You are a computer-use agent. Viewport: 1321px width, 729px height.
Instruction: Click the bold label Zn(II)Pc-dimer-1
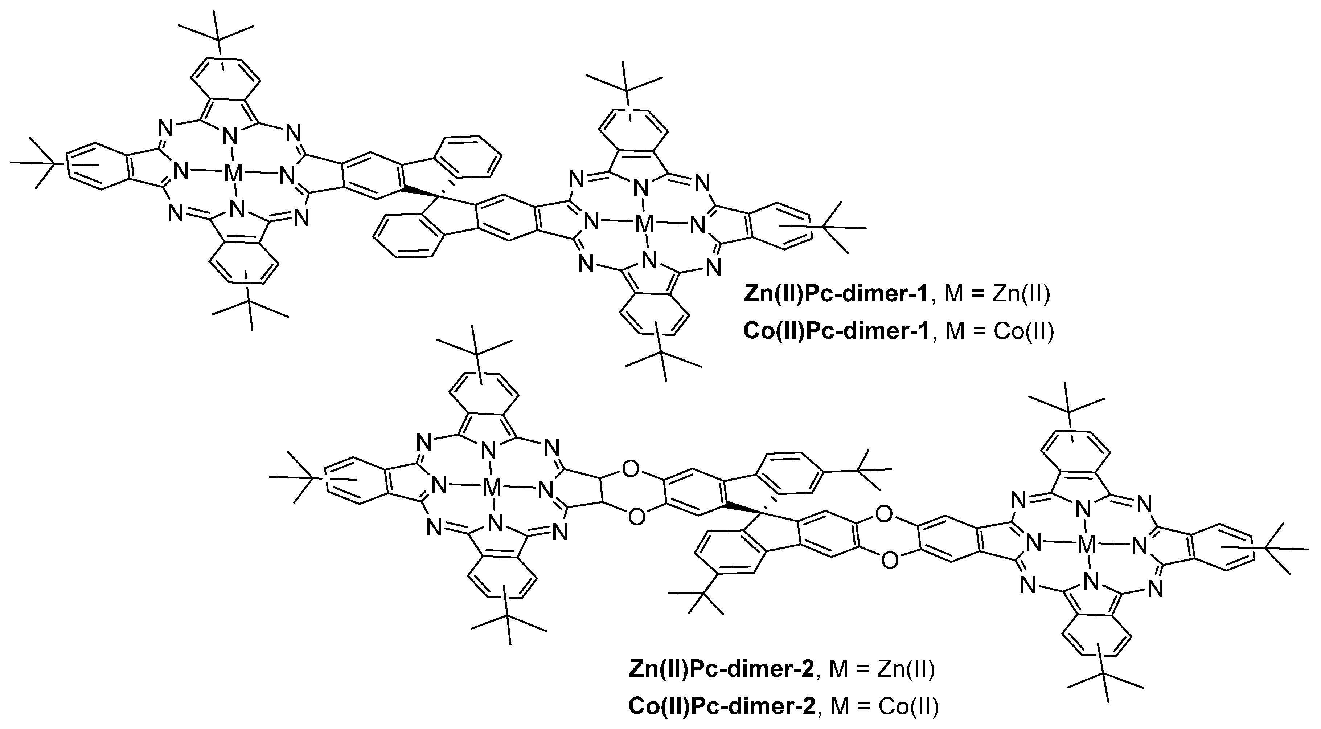pos(836,295)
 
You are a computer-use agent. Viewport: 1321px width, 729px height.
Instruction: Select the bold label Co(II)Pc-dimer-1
pos(836,332)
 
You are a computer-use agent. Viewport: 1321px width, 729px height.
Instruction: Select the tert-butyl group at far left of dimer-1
pos(38,163)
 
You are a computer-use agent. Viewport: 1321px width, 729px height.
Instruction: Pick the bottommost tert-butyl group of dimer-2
pos(1105,685)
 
